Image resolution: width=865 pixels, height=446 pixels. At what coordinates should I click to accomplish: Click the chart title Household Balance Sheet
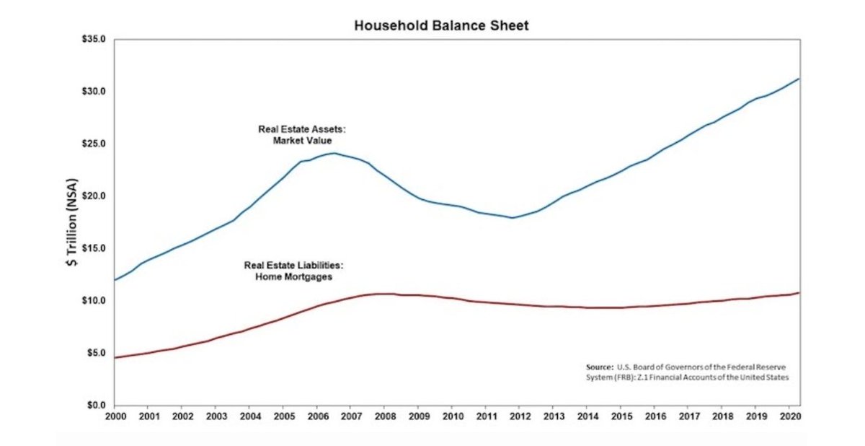coord(441,26)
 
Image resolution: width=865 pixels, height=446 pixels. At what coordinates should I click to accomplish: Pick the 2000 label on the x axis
coord(115,417)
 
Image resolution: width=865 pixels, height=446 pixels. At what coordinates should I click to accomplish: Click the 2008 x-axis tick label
coord(385,417)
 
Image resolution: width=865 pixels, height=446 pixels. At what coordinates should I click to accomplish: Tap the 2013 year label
coord(554,417)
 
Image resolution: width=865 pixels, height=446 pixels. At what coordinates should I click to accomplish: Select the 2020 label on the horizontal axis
coord(789,417)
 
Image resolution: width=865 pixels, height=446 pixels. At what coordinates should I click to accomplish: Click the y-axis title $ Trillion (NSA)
coord(73,222)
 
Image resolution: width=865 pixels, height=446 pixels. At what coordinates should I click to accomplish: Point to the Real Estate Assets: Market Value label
coord(302,135)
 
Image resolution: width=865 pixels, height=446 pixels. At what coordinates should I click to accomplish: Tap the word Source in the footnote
coord(599,367)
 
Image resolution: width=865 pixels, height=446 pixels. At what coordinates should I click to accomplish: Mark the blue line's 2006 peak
coord(334,153)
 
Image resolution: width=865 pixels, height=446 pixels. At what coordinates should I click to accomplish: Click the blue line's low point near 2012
coord(512,217)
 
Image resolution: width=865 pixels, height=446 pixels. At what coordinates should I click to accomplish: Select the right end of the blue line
coord(799,79)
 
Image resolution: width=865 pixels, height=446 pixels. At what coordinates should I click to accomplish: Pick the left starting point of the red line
coord(115,357)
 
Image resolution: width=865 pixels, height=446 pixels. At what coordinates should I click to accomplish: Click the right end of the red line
coord(799,292)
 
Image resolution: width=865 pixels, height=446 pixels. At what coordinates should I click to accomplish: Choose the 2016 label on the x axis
coord(655,417)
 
